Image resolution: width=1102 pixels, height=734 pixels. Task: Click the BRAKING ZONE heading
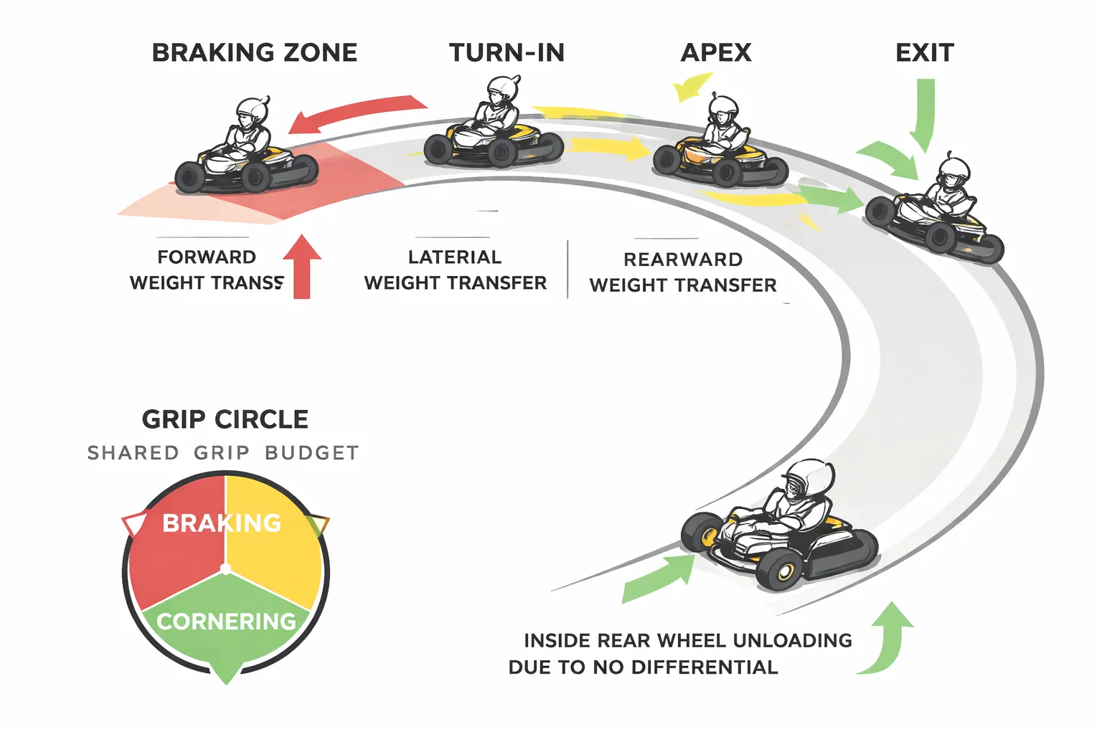click(255, 53)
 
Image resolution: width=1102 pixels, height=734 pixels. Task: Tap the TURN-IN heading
click(507, 53)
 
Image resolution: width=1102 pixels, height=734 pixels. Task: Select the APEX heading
click(716, 53)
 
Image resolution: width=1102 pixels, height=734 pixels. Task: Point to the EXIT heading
click(925, 53)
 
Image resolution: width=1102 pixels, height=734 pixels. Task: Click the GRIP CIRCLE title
click(225, 419)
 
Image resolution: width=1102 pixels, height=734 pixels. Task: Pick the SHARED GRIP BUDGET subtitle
click(223, 453)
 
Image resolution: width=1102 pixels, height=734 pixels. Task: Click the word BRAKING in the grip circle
click(222, 523)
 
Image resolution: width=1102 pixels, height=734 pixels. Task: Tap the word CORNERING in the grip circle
click(227, 621)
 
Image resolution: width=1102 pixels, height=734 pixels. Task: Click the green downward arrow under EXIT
click(923, 115)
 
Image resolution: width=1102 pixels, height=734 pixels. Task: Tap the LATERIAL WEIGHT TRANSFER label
click(455, 270)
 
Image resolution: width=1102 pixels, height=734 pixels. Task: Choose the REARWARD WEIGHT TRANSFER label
click(683, 272)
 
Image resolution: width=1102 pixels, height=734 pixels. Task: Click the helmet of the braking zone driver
click(251, 111)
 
